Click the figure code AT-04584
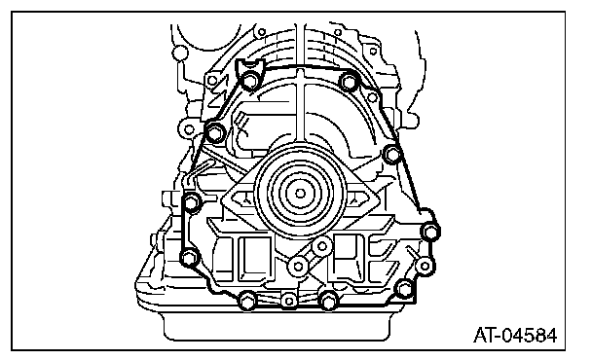[515, 335]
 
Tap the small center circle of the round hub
[300, 194]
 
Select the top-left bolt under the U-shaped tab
[249, 81]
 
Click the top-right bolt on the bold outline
[349, 82]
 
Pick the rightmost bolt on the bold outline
[430, 231]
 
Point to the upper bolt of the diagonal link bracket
[322, 246]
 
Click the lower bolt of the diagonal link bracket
[298, 266]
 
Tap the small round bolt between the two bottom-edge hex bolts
[289, 301]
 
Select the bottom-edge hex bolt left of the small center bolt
[247, 301]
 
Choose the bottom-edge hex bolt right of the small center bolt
[328, 301]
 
